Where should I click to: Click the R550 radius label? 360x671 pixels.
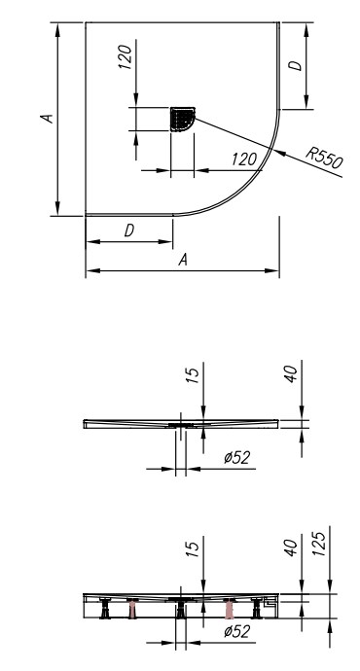[324, 157]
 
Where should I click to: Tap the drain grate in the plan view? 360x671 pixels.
[183, 119]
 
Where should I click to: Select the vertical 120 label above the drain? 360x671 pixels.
[126, 57]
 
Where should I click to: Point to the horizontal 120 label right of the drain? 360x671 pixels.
[244, 159]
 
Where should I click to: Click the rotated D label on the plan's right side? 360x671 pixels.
[295, 65]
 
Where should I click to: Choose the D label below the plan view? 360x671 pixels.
[129, 230]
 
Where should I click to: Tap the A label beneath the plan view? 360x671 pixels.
[183, 260]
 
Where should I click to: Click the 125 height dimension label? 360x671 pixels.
[321, 544]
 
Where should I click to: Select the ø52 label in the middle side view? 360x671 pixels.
[236, 458]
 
